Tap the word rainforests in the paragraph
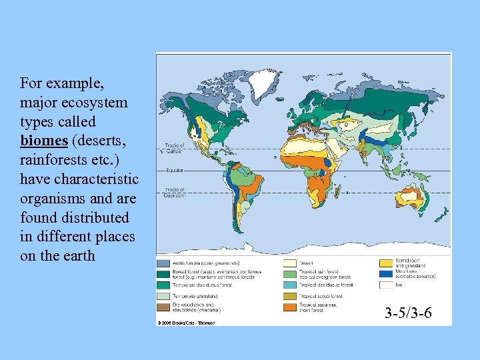[x=53, y=160]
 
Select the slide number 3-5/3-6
[x=409, y=312]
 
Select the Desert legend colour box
[x=291, y=263]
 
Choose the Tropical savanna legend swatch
[x=291, y=307]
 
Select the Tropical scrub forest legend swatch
[x=291, y=295]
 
